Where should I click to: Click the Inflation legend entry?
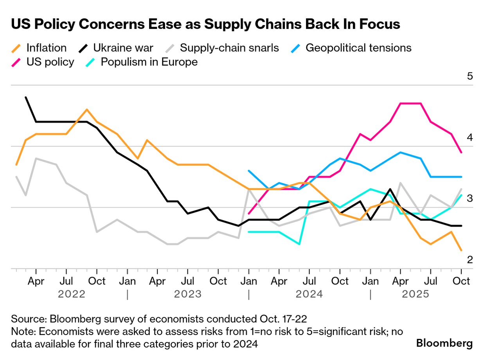46,48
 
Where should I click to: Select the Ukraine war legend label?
123,48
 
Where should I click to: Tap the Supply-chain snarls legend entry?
229,48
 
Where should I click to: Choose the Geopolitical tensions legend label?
358,48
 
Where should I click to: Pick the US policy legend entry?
50,62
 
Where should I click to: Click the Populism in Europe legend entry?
149,62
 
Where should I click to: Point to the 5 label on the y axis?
470,76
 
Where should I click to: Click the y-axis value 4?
470,138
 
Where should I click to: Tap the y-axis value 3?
470,199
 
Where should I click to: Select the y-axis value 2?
470,260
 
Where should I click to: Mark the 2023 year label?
188,294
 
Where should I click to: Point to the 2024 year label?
309,294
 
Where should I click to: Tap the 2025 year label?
416,294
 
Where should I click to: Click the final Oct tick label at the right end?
461,281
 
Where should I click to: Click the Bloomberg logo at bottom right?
444,343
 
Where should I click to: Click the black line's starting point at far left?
26,97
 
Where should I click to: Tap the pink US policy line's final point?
461,152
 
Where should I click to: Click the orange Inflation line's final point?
461,250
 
